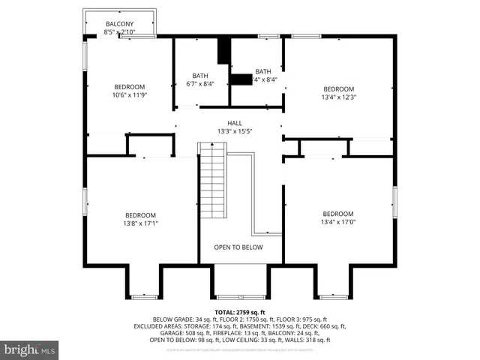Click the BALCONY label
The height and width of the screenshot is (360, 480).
119,25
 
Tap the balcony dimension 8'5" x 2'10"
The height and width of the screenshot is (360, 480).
119,33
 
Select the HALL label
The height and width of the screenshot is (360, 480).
235,123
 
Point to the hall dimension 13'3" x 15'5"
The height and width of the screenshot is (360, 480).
235,131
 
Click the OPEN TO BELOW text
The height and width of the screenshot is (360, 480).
238,247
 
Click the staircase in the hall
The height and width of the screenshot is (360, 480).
213,180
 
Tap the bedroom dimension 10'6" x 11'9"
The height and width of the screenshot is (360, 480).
129,95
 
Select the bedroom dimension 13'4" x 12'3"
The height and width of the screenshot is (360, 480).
337,96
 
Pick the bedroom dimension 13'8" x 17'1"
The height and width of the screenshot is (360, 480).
140,223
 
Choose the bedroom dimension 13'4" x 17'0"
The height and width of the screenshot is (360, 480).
337,221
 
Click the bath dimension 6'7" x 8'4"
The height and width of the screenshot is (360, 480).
200,83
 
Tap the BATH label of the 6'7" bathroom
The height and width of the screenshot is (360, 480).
200,75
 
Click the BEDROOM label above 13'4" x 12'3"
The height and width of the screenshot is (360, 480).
337,88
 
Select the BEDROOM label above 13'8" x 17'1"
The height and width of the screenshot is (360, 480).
140,214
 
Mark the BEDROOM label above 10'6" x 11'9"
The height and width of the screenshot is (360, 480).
129,87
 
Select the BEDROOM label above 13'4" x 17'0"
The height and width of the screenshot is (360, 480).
337,213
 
